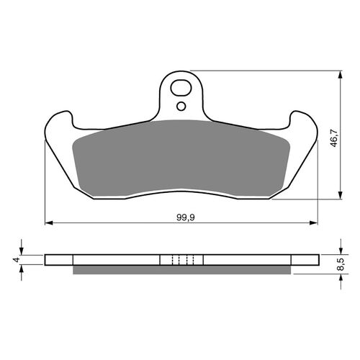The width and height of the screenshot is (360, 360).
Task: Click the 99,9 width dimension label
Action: pos(186,217)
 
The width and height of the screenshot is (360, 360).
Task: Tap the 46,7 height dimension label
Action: pos(334,138)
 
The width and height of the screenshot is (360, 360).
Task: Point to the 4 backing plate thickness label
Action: pos(17,260)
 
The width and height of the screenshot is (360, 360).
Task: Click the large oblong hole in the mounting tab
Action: pos(181,88)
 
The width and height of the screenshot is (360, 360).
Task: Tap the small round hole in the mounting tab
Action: pos(181,106)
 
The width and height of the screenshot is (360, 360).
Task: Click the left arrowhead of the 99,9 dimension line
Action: pos(49,223)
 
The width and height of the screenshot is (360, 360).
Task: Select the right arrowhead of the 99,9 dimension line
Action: pos(314,223)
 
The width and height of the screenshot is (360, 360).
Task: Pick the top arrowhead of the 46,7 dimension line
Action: pos(340,75)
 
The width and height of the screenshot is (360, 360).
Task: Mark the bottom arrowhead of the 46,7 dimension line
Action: pos(340,195)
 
